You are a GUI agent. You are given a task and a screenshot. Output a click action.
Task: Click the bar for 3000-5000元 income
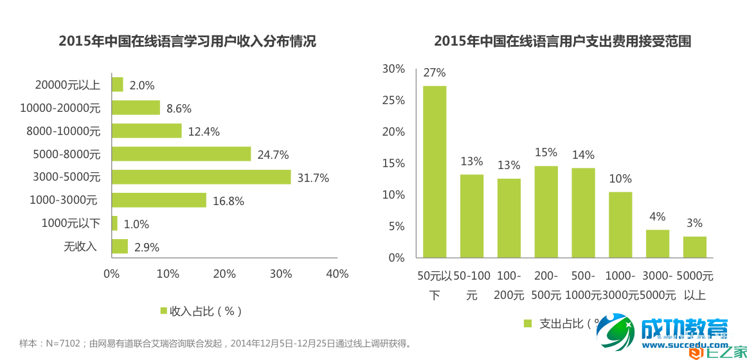201,177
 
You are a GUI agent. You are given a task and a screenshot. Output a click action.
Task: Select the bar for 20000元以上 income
117,85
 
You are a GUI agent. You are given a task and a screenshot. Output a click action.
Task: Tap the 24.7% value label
273,154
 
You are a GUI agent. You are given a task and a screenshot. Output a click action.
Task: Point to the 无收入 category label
80,246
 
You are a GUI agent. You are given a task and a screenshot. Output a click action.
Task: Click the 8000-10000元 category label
64,131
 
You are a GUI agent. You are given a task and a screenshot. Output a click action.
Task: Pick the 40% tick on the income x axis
337,274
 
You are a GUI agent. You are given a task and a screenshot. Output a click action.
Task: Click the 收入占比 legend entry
200,311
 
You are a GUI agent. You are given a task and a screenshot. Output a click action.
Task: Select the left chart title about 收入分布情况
187,42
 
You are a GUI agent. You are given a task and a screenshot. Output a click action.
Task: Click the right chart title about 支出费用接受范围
562,42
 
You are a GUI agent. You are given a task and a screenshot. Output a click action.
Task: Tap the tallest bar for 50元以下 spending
435,172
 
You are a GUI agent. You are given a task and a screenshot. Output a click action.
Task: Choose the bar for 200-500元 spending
546,212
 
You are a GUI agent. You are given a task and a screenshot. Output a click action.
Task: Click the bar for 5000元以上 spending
694,247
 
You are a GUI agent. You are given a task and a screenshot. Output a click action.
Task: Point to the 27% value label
435,73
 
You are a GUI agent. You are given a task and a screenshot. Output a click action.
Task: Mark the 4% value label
657,217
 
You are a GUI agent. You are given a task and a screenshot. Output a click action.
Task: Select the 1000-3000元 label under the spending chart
620,285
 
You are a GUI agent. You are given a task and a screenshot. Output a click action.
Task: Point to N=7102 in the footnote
62,344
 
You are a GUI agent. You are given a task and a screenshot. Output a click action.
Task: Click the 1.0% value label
136,224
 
